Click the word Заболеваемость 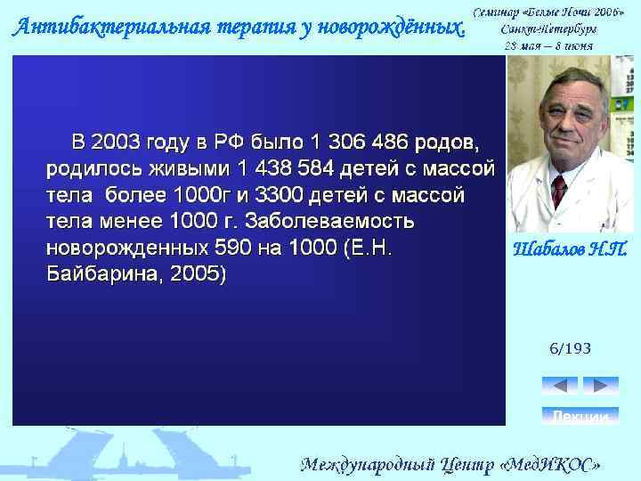(x=322, y=221)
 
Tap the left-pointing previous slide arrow (x=559, y=386)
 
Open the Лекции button (x=580, y=416)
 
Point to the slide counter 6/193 (x=570, y=348)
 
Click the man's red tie (x=559, y=191)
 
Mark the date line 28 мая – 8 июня (x=548, y=44)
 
